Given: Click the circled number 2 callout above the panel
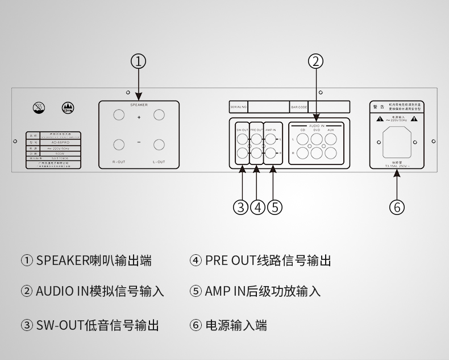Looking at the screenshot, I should [x=316, y=61].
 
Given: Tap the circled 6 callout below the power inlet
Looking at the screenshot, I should [x=397, y=206].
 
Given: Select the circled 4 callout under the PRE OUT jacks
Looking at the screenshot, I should [x=257, y=206].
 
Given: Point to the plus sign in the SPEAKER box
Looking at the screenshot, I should [x=139, y=118].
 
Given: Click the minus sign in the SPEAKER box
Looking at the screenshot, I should [x=139, y=142].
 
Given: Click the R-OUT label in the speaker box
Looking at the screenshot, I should [x=119, y=162].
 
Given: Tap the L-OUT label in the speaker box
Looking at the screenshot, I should [x=159, y=162].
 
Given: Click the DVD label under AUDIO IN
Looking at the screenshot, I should [x=317, y=130].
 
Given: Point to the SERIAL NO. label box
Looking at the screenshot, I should [x=239, y=106].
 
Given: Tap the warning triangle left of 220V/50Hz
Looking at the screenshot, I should [x=379, y=119].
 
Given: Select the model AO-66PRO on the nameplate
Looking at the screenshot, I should [x=56, y=143].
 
